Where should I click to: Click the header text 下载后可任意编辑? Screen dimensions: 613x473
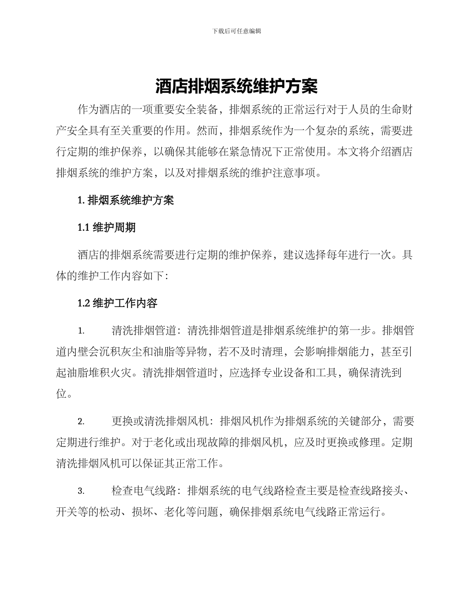[x=236, y=31]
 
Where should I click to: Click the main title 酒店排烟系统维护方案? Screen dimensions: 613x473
[x=236, y=87]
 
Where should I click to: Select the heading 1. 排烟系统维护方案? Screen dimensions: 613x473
[x=126, y=201]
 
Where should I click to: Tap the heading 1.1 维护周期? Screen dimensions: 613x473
[x=107, y=228]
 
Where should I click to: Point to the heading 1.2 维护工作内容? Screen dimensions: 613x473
[x=118, y=303]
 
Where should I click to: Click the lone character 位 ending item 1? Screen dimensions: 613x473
[x=61, y=394]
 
